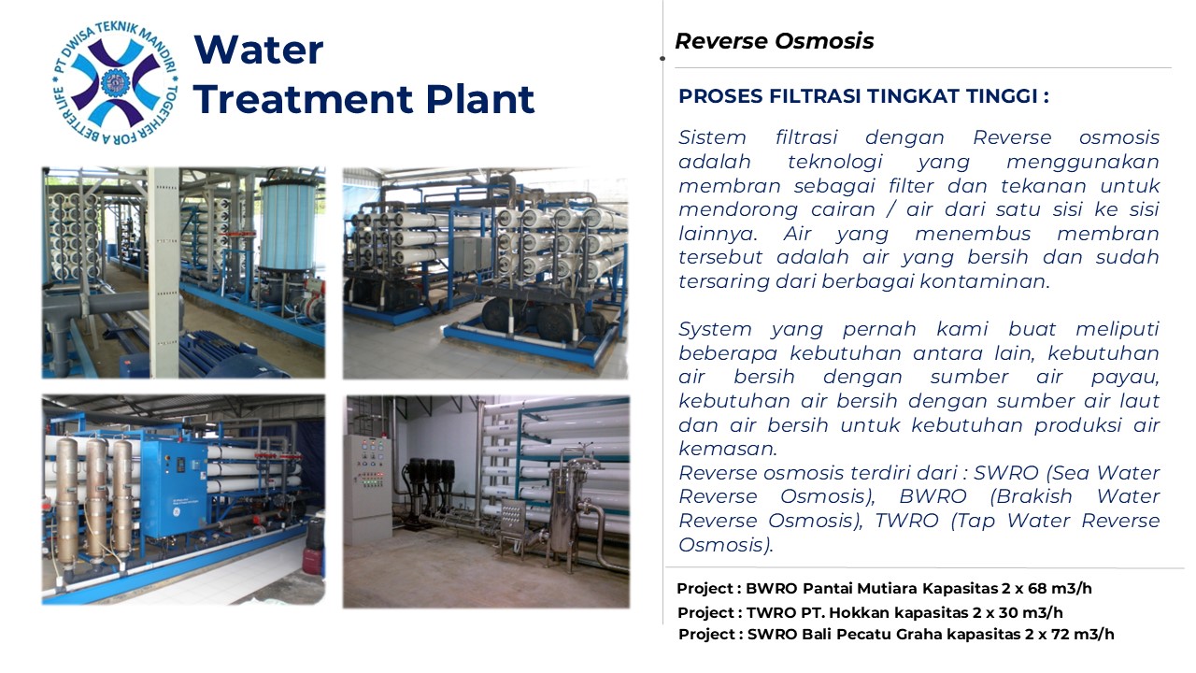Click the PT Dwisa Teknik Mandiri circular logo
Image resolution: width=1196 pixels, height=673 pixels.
coord(115,83)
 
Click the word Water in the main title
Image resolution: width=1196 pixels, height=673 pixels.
coord(259,50)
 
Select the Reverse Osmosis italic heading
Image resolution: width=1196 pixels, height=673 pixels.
coord(775,41)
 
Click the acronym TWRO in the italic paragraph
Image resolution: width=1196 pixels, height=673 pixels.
coord(906,521)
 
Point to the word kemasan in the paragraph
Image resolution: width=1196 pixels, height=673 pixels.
coord(727,449)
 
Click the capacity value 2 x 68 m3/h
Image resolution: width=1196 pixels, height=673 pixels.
coord(1046,589)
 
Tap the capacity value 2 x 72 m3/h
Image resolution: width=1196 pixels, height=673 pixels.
coord(1070,635)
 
